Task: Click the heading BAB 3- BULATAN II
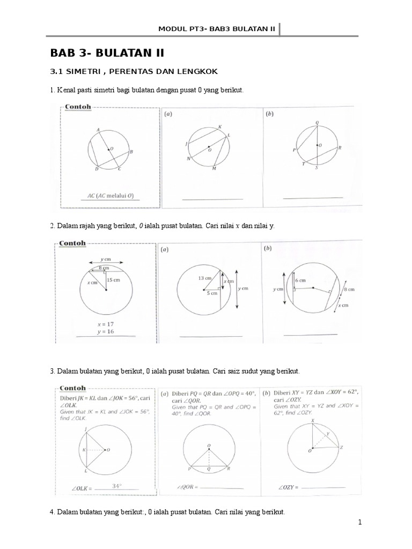(107, 53)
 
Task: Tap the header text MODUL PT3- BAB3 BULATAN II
(217, 28)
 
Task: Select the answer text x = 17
(106, 324)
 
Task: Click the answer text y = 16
(106, 332)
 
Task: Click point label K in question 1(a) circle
(219, 127)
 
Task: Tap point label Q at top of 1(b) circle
(317, 123)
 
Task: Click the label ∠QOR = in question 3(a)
(187, 487)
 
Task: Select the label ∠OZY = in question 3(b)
(289, 487)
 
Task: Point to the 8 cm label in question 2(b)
(349, 289)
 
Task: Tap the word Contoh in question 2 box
(72, 243)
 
